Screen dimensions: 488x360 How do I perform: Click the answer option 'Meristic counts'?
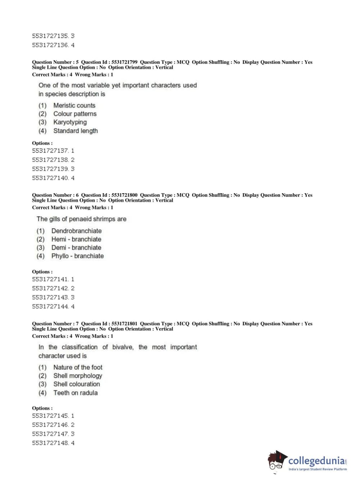tap(74, 105)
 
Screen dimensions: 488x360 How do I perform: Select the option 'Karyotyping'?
tap(70, 122)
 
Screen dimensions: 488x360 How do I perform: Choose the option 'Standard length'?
tap(75, 131)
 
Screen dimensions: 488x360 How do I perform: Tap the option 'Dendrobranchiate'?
tap(76, 231)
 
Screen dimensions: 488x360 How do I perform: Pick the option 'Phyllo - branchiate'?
tap(77, 256)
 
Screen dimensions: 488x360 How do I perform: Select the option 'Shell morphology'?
tap(78, 376)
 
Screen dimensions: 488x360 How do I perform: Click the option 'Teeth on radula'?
tap(75, 393)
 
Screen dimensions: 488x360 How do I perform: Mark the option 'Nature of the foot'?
tap(78, 367)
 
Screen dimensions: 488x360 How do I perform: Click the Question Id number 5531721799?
tap(124, 62)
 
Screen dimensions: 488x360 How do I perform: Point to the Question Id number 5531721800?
tap(124, 195)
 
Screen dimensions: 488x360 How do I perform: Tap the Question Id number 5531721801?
tap(124, 324)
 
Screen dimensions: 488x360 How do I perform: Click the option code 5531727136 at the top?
tap(50, 45)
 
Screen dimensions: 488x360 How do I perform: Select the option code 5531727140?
tap(50, 178)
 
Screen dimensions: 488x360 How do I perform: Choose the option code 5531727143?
tap(50, 297)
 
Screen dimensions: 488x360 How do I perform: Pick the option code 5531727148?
tap(50, 443)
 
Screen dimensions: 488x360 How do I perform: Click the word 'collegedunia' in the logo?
tap(316, 461)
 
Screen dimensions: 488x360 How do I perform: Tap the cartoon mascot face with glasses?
tap(277, 461)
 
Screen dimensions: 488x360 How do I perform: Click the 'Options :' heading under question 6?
tap(42, 272)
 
